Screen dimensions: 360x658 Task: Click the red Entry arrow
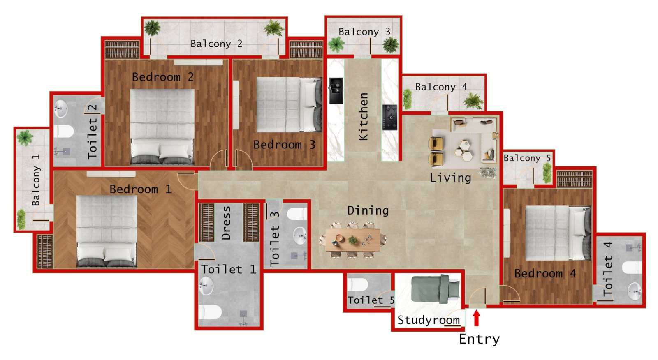[476, 318]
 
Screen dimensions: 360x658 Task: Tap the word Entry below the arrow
[479, 339]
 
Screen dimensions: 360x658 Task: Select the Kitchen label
[363, 116]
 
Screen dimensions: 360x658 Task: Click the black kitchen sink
[336, 90]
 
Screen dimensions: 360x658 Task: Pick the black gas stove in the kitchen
[389, 117]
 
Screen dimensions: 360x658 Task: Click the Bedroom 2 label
[162, 77]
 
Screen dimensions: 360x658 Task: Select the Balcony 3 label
[364, 32]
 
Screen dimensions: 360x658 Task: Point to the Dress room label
[226, 223]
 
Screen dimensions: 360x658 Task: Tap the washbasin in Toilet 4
[635, 291]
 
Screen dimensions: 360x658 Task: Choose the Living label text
[450, 178]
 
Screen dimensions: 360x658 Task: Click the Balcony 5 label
[527, 158]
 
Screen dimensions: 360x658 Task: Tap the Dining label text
[368, 210]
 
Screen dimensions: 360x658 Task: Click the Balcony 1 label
[36, 180]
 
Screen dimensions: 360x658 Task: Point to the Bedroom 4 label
[545, 273]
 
